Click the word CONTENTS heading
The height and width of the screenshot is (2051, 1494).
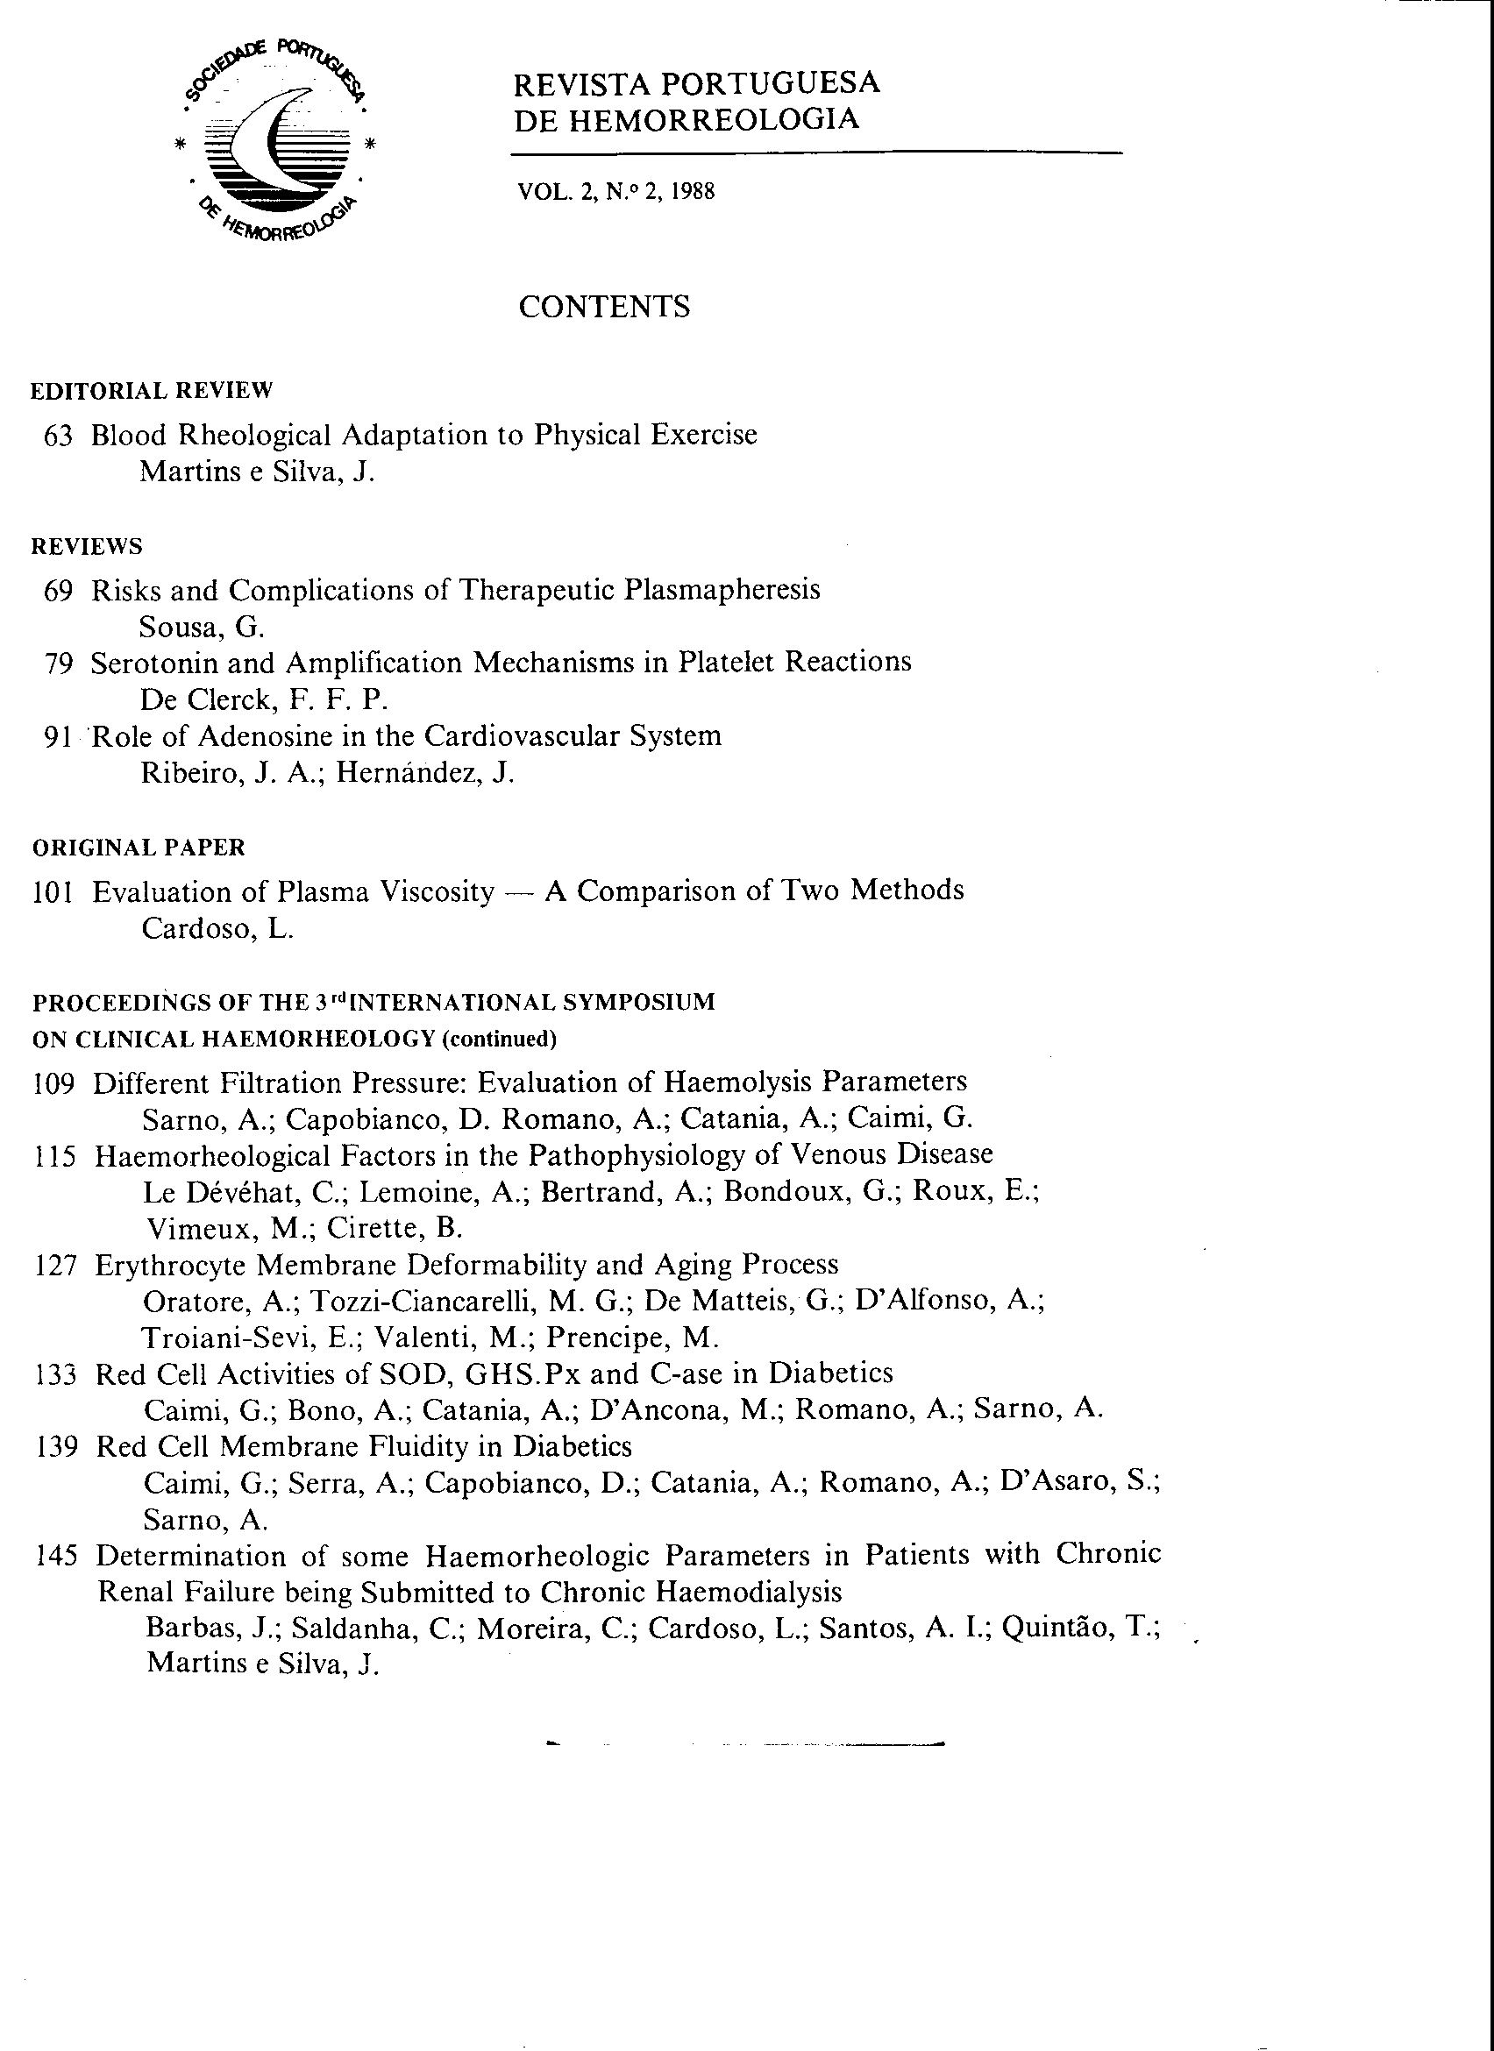603,307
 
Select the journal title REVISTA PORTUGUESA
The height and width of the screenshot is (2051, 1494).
696,83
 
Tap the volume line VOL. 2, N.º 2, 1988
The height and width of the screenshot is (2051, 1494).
615,192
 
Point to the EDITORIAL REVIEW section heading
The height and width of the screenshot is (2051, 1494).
151,391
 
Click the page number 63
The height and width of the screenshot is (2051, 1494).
58,436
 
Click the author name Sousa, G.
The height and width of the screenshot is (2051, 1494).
202,627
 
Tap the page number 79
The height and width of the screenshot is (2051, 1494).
58,664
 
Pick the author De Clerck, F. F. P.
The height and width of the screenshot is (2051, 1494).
264,700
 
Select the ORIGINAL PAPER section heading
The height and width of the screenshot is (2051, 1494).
139,848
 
